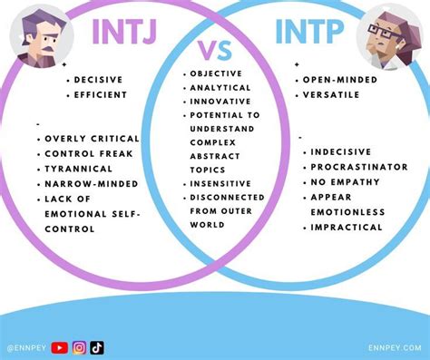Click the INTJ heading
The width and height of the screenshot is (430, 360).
(124, 33)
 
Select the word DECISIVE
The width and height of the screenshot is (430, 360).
(99, 79)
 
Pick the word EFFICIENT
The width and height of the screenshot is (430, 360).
(102, 94)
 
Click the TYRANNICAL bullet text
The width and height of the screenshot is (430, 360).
(79, 169)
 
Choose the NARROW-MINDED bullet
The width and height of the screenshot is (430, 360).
(92, 183)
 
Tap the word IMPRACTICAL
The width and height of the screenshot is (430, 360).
(347, 227)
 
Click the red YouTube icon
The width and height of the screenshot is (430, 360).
(60, 346)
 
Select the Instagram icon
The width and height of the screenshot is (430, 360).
(79, 346)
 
